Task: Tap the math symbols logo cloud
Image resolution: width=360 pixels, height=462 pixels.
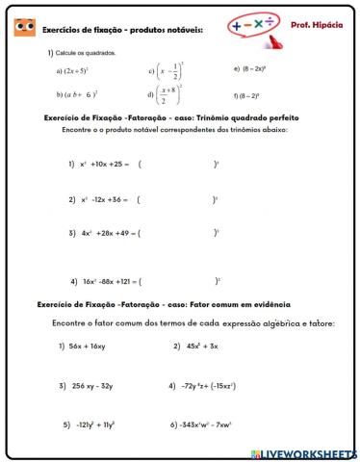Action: pyautogui.click(x=250, y=26)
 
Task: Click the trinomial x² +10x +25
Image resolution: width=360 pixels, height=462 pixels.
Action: pyautogui.click(x=101, y=164)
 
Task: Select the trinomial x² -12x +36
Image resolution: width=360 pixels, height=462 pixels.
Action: pyautogui.click(x=101, y=199)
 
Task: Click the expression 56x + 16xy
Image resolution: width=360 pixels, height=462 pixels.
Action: pyautogui.click(x=86, y=346)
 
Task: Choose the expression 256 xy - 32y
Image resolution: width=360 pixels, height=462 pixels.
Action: pyautogui.click(x=91, y=385)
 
